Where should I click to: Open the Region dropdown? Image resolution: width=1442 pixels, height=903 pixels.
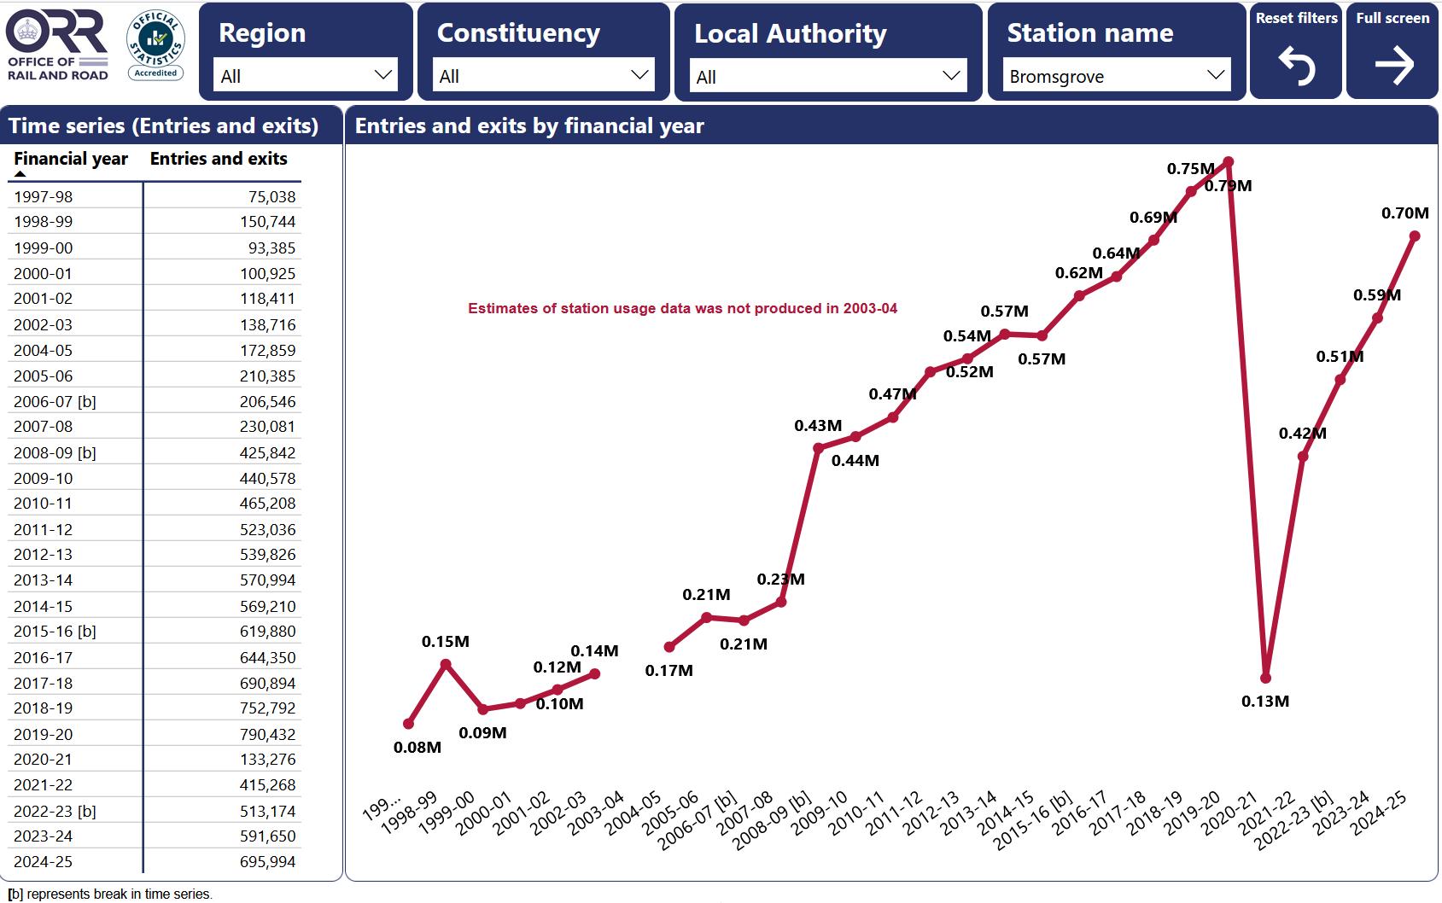305,76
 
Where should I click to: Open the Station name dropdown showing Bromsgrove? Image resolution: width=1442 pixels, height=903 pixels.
1116,76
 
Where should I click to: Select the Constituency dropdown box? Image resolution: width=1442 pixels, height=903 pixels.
543,76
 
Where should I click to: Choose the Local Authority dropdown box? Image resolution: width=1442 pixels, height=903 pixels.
827,77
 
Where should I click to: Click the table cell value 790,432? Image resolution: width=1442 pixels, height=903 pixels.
267,734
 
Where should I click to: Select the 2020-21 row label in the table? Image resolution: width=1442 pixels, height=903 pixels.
44,760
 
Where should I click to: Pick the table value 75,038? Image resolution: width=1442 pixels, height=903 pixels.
271,196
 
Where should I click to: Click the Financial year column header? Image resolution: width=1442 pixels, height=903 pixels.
71,159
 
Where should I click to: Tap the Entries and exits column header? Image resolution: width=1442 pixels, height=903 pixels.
219,159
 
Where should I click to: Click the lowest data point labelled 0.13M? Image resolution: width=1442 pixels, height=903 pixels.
1265,678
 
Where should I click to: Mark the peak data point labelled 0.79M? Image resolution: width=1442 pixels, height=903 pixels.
1229,161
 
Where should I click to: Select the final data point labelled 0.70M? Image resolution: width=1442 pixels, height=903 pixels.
1415,236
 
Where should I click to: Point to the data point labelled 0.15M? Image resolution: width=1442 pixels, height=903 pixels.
446,663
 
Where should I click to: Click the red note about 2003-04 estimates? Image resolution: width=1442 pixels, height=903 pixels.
682,309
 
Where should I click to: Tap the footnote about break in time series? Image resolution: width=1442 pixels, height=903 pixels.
110,894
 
